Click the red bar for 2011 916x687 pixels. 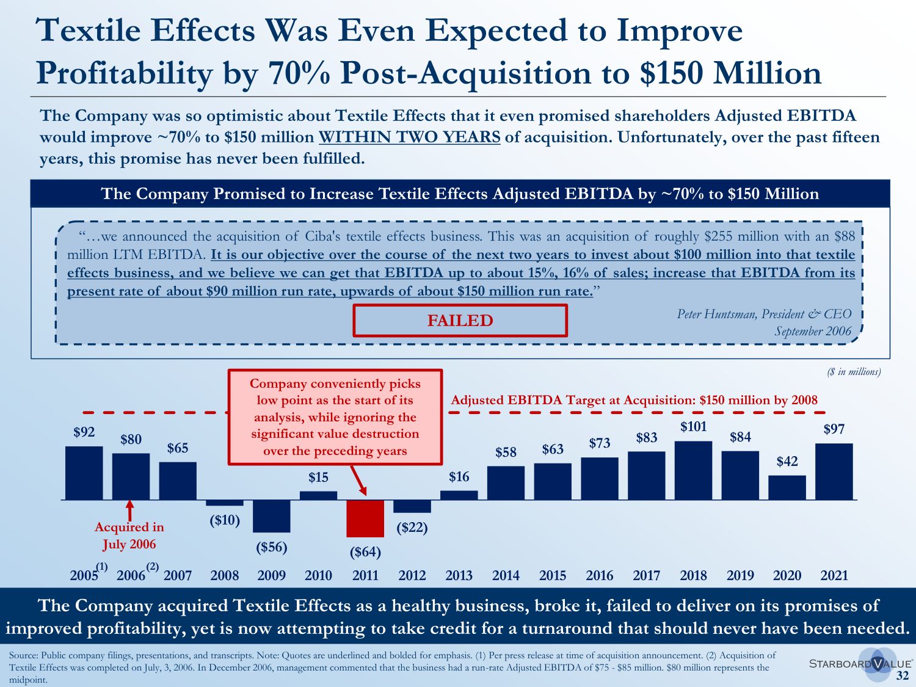click(x=365, y=518)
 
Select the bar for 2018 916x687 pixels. click(x=693, y=470)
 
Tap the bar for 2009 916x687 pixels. click(x=272, y=516)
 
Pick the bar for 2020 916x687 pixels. click(x=787, y=487)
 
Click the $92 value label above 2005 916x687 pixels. click(x=84, y=432)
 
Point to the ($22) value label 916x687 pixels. click(x=412, y=527)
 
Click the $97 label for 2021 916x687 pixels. click(x=834, y=429)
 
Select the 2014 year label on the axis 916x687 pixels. click(x=506, y=575)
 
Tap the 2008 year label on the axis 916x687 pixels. click(x=225, y=575)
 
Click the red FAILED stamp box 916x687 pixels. click(x=460, y=321)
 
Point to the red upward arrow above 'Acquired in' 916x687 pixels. click(x=129, y=511)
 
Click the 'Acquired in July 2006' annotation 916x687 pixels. click(x=129, y=536)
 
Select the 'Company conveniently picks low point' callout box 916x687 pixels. click(x=335, y=417)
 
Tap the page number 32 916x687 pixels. click(x=903, y=675)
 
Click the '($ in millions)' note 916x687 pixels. click(x=854, y=372)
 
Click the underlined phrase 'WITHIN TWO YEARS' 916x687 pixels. click(x=409, y=137)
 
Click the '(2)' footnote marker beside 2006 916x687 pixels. click(x=152, y=567)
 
